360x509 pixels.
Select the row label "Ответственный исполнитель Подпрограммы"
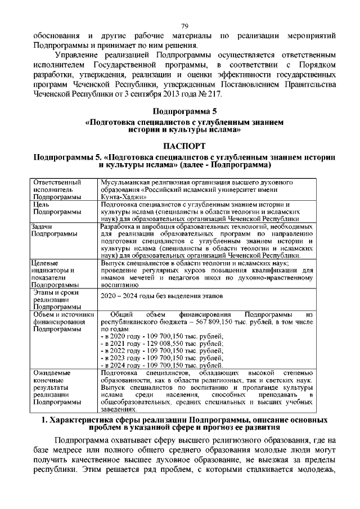(x=56, y=190)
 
